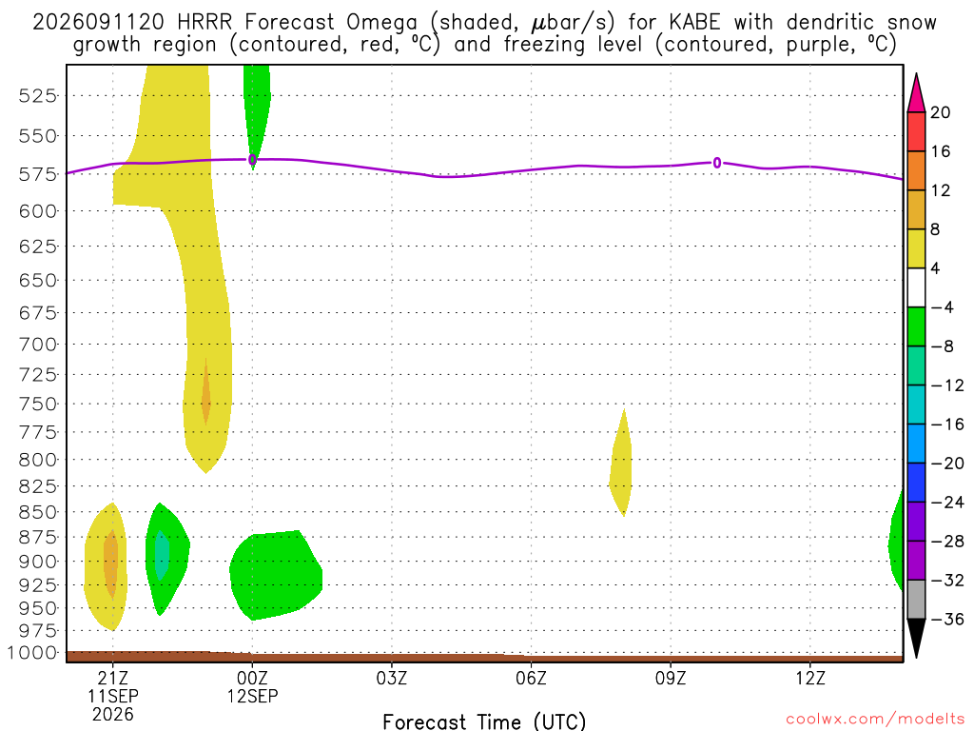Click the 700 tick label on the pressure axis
(38, 344)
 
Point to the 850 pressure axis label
(38, 512)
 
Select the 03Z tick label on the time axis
(392, 678)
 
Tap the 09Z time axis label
(671, 678)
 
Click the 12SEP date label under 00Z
(252, 696)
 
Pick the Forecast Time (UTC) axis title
(484, 721)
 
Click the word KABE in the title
(694, 23)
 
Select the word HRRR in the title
(205, 23)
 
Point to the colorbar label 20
(940, 112)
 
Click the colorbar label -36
(947, 619)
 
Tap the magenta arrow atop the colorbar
(916, 93)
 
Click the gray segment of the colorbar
(916, 600)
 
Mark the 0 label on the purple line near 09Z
(717, 163)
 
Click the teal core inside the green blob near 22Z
(162, 555)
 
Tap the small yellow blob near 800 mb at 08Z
(620, 464)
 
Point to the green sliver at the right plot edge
(896, 541)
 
